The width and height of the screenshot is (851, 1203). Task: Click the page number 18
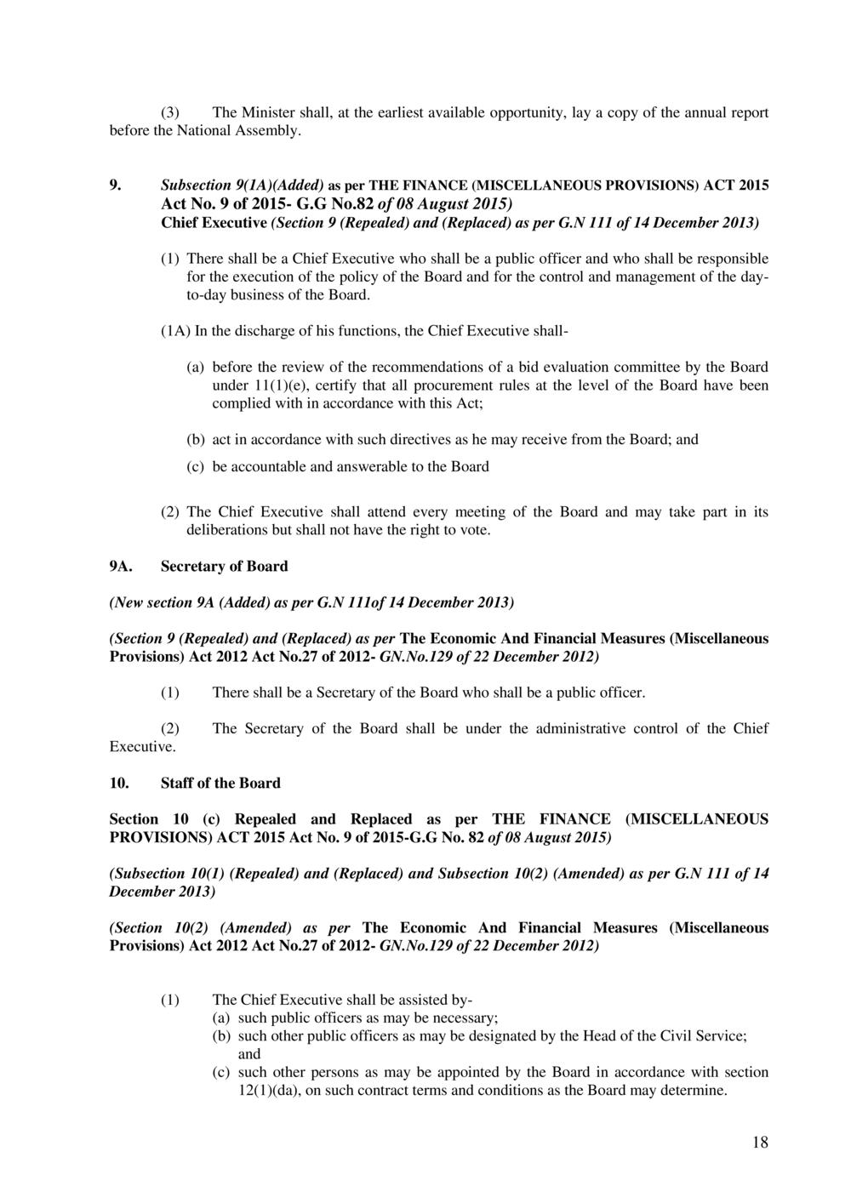[x=760, y=1143]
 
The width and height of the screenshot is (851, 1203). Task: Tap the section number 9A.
[x=119, y=566]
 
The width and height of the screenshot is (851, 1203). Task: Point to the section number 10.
[x=119, y=783]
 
